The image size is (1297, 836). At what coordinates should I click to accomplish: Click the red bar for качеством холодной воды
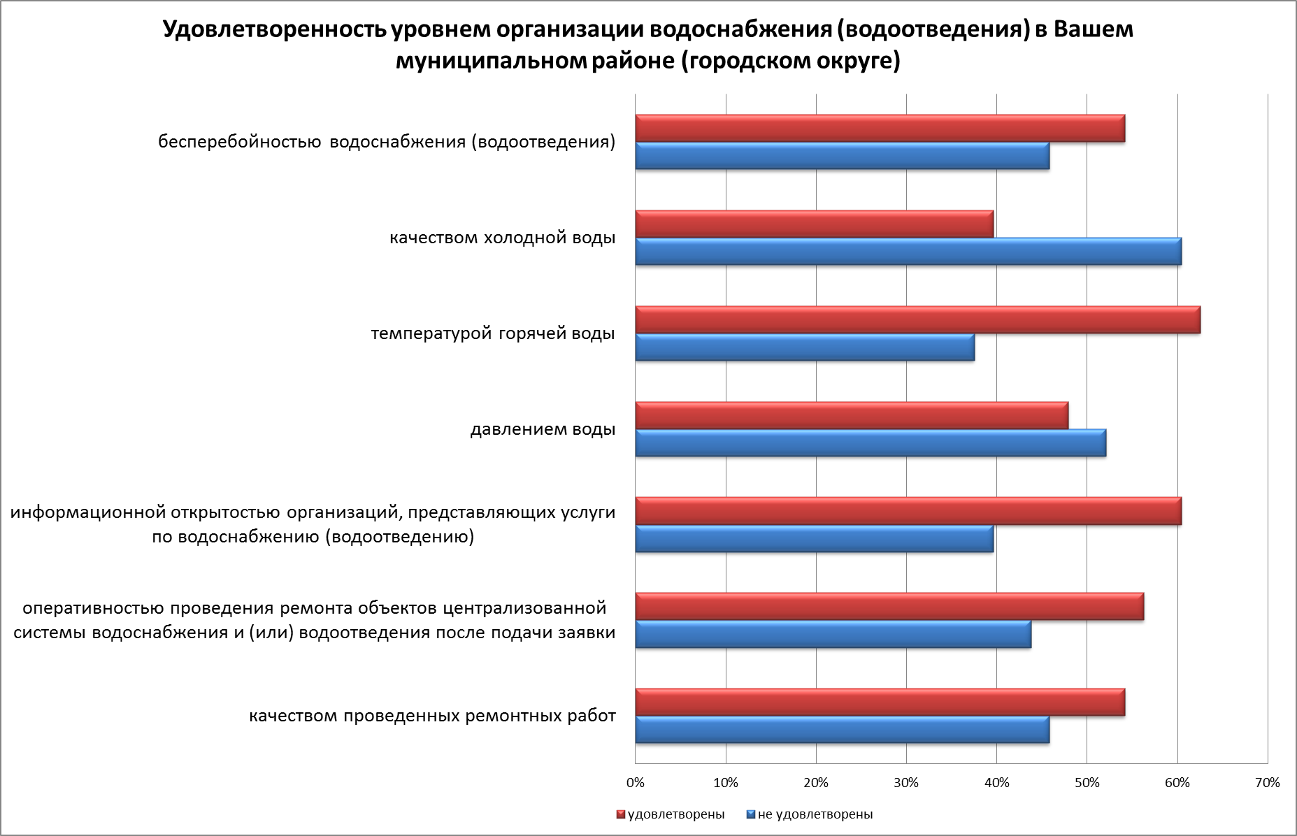[x=814, y=224]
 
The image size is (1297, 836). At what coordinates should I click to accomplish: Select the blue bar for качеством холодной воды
[x=908, y=252]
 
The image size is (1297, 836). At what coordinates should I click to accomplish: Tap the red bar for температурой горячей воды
[x=917, y=320]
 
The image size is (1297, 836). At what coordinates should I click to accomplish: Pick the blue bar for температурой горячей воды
[x=805, y=347]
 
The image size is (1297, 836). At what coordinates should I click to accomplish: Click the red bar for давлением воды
[x=852, y=415]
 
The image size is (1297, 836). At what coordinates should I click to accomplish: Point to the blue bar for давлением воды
[x=870, y=443]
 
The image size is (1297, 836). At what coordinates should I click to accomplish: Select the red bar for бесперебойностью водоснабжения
[x=880, y=129]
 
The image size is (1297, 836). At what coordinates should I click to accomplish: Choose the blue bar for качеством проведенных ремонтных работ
[x=842, y=730]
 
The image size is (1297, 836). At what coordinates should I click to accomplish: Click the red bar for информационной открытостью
[x=908, y=511]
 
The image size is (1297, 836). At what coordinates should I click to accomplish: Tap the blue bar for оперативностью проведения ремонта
[x=833, y=634]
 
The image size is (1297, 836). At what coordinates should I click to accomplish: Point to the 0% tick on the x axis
[x=636, y=783]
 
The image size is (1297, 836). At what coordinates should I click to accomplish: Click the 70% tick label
[x=1268, y=783]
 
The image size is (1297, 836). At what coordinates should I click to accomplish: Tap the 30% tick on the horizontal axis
[x=906, y=783]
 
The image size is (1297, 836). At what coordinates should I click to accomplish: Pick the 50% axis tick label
[x=1087, y=783]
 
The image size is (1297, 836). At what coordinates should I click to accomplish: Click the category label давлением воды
[x=543, y=429]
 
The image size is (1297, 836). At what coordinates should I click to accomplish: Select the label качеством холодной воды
[x=502, y=238]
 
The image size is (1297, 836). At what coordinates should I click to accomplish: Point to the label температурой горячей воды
[x=493, y=334]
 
